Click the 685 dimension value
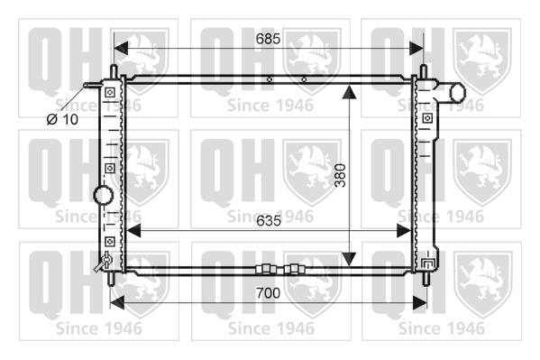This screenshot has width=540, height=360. (x=268, y=39)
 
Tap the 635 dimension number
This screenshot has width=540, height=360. (x=269, y=221)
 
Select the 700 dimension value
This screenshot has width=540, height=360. (x=269, y=293)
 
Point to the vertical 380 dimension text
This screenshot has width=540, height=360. (x=340, y=175)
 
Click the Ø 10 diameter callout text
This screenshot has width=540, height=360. (x=62, y=119)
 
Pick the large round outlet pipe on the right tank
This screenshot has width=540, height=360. (x=458, y=92)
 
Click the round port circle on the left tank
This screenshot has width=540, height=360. (x=104, y=195)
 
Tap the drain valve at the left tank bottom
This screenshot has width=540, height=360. (x=104, y=262)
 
